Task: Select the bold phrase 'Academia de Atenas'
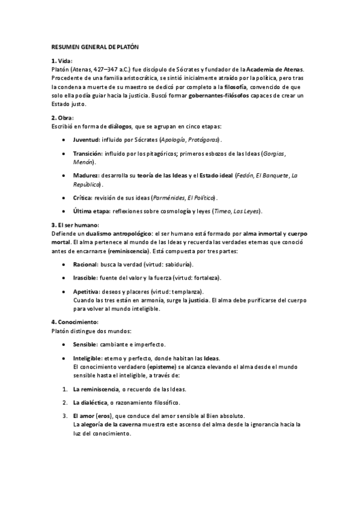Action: pos(275,70)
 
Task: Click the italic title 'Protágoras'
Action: pos(201,140)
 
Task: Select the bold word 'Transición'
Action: pos(90,154)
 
